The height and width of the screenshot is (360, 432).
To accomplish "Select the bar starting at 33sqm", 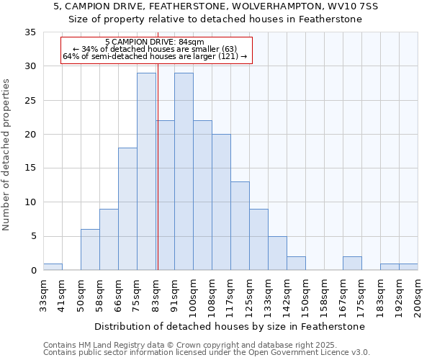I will click(x=53, y=266).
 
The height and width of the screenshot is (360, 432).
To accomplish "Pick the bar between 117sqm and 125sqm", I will click(x=240, y=226).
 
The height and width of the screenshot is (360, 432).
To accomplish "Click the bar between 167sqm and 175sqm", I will click(x=352, y=264).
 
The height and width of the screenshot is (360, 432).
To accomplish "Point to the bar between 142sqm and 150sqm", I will click(x=296, y=264).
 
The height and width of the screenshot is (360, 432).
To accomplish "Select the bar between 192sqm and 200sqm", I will click(x=408, y=267).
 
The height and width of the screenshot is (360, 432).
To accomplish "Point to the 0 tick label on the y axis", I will click(x=32, y=271).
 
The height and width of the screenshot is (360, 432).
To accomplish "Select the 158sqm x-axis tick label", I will click(x=324, y=292).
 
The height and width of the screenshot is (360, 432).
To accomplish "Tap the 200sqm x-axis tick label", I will click(x=418, y=292).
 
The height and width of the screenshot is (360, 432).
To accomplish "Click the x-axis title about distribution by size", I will click(x=230, y=326).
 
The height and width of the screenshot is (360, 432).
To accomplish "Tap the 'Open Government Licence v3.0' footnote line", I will click(x=207, y=352).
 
